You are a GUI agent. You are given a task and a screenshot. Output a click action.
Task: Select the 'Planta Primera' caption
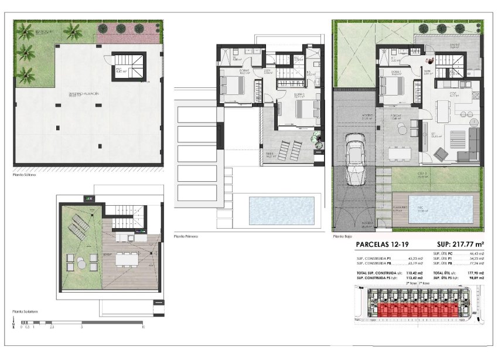coord(186,236)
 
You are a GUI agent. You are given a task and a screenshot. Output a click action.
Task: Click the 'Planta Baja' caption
coord(343,236)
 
